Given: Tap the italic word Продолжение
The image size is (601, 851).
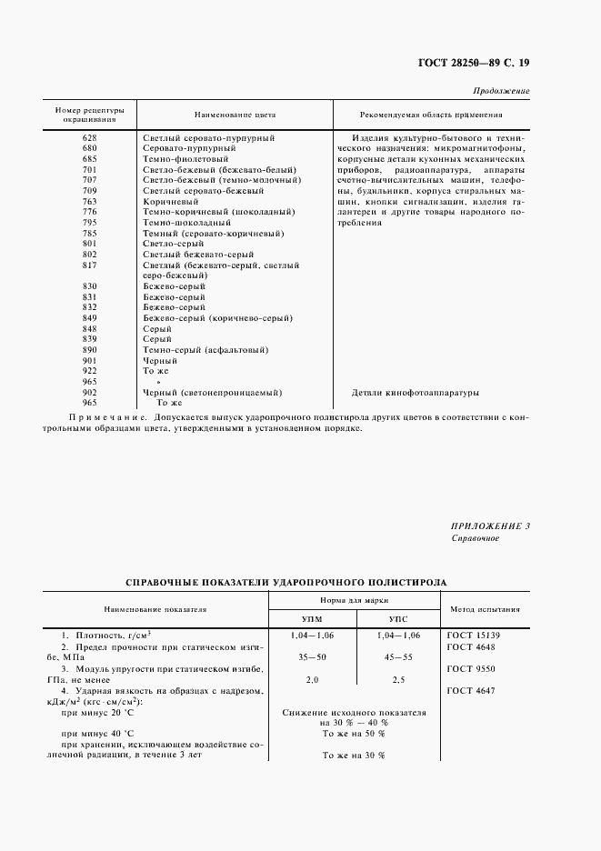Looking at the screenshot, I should pyautogui.click(x=502, y=92).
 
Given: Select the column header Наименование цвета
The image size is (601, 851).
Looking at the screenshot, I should pyautogui.click(x=235, y=115).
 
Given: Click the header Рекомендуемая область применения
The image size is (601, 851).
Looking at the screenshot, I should pyautogui.click(x=431, y=115).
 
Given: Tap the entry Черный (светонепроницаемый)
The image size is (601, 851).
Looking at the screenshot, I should pyautogui.click(x=212, y=393).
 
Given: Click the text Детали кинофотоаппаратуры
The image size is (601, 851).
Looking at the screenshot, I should pyautogui.click(x=415, y=393).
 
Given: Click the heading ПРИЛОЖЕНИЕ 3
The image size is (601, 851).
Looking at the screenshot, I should pyautogui.click(x=490, y=526).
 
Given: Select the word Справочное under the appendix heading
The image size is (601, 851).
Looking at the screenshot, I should pyautogui.click(x=476, y=538).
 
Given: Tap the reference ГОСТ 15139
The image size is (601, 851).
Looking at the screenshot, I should pyautogui.click(x=475, y=634).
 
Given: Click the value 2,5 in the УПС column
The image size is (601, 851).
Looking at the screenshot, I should pyautogui.click(x=398, y=678).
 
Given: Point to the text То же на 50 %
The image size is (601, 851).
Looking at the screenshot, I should pyautogui.click(x=354, y=733).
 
